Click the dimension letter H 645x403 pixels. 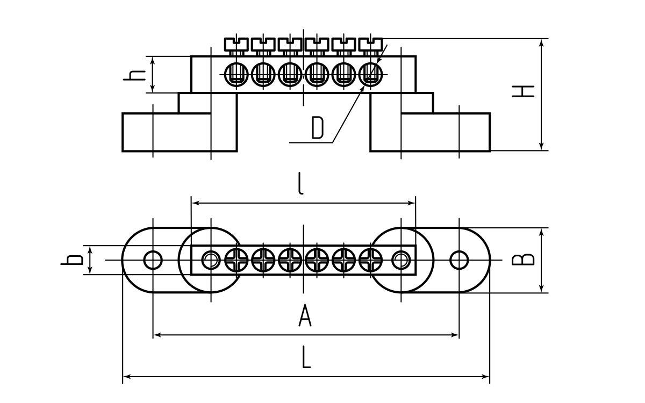(x=523, y=91)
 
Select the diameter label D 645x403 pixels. (x=318, y=128)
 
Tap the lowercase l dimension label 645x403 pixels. (x=301, y=184)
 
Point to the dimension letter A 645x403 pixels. (x=305, y=315)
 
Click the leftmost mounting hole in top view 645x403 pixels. (x=153, y=260)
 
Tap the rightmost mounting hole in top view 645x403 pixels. (x=458, y=260)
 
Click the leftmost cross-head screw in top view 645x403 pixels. (x=236, y=260)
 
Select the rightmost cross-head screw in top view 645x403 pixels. (x=370, y=260)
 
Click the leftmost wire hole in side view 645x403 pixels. (x=235, y=74)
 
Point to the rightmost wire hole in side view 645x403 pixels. (x=370, y=74)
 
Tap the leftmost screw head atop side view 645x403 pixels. (x=235, y=43)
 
